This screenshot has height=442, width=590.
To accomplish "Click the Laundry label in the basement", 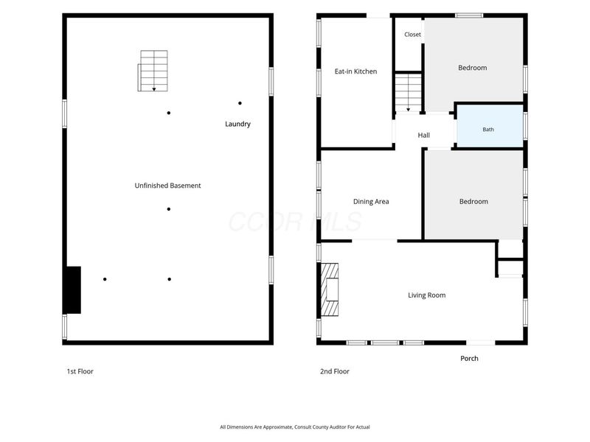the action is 237,124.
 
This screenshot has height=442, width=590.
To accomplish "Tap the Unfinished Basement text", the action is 167,186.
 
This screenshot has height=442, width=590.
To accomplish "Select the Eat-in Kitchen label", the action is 355,71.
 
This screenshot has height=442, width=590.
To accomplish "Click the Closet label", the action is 412,34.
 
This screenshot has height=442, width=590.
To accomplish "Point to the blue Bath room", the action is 490,126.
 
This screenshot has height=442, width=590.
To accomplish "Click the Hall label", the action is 423,136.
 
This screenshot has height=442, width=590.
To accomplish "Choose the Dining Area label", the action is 371,201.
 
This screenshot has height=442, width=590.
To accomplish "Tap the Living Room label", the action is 427,295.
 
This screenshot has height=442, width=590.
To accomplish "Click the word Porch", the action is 469,359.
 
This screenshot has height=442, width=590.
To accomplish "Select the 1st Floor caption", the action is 80,371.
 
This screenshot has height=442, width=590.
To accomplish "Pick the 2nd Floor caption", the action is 335,371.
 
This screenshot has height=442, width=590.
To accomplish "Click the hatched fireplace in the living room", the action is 330,290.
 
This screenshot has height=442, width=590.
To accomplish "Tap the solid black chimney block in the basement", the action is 73,290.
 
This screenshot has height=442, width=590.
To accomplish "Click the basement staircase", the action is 153,71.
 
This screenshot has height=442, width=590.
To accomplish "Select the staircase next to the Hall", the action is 409,93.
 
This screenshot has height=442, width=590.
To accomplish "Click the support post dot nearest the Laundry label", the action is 240,103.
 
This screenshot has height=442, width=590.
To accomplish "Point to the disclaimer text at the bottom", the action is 294,427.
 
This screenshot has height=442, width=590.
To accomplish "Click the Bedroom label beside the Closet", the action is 472,68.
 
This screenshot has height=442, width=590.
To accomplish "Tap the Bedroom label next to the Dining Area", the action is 473,201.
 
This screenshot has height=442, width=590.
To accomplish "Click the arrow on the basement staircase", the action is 154,89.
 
